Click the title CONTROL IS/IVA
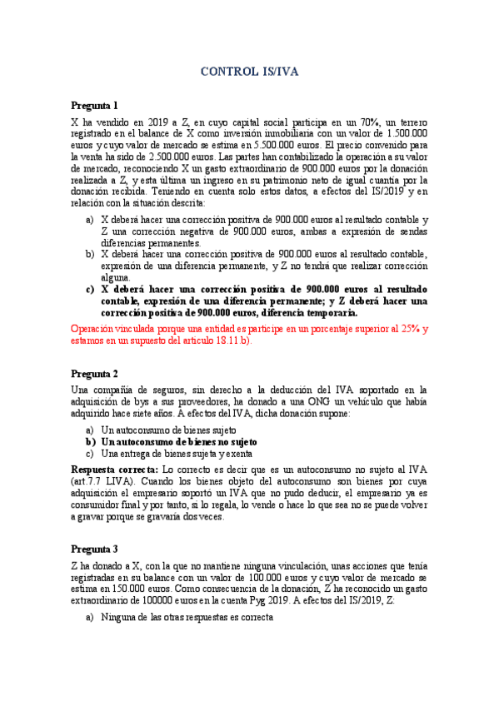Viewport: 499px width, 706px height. coord(249,72)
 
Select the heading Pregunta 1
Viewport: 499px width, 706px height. coord(94,106)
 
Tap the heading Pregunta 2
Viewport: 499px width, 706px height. coord(94,373)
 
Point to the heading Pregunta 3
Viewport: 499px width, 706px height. coord(94,549)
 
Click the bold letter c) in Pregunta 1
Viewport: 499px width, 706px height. coord(91,289)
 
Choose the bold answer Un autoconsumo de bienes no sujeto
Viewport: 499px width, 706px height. coord(178,441)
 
